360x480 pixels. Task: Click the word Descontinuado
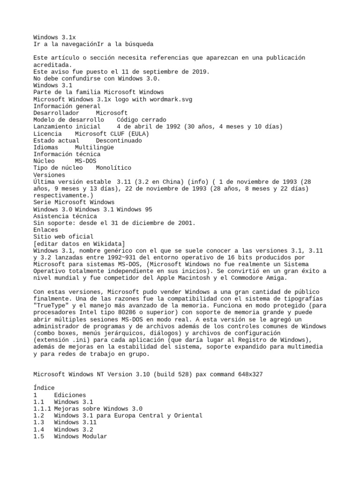tap(118, 141)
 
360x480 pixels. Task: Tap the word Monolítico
tap(113, 168)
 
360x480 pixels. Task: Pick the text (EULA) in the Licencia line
tap(136, 134)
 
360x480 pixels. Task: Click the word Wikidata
tap(106, 244)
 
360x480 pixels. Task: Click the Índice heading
tap(44, 388)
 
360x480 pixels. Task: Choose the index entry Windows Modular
tap(80, 436)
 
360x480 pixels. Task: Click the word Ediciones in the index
tap(70, 395)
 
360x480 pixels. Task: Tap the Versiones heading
tap(49, 175)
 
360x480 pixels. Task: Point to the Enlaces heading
tap(45, 230)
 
